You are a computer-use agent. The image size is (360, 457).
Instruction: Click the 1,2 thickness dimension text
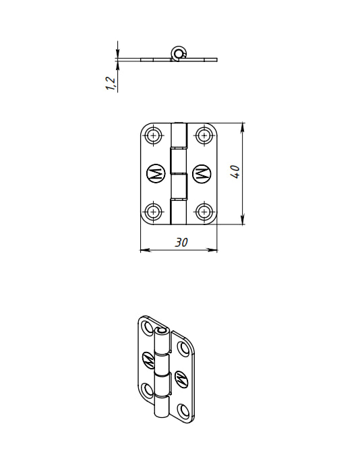[111, 84]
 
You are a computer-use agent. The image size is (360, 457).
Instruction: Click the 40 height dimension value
[235, 172]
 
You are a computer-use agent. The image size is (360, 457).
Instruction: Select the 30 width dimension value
[181, 242]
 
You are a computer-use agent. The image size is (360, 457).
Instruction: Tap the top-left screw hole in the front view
[154, 135]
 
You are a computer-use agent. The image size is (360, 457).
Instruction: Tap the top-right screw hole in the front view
[204, 135]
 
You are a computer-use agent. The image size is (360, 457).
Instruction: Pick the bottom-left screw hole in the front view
[154, 211]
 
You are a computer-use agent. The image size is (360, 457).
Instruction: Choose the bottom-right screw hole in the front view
[204, 211]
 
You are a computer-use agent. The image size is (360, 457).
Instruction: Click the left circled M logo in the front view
[156, 174]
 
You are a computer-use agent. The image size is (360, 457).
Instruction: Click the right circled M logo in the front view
[202, 174]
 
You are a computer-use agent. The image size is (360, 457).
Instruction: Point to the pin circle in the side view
[178, 53]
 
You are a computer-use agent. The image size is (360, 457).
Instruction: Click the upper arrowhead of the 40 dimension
[243, 128]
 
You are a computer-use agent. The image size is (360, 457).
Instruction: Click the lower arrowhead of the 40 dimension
[243, 219]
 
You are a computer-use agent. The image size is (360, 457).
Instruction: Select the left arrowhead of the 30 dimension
[146, 250]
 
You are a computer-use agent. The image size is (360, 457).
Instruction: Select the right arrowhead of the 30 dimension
[212, 250]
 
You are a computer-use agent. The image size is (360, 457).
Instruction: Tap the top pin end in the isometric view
[161, 331]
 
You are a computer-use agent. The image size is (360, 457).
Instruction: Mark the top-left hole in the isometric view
[147, 328]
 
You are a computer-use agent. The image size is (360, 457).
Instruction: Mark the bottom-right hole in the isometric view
[183, 410]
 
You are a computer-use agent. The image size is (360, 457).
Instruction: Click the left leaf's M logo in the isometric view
[149, 361]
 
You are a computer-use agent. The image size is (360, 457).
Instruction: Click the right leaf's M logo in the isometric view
[181, 379]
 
